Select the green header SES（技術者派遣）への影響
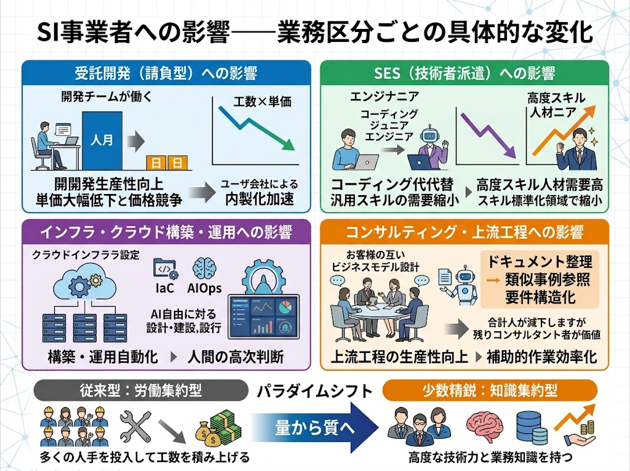(x=465, y=73)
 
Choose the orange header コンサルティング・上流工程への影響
(x=465, y=233)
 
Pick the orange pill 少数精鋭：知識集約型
(x=490, y=391)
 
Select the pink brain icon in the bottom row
(x=484, y=427)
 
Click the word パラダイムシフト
(x=314, y=391)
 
